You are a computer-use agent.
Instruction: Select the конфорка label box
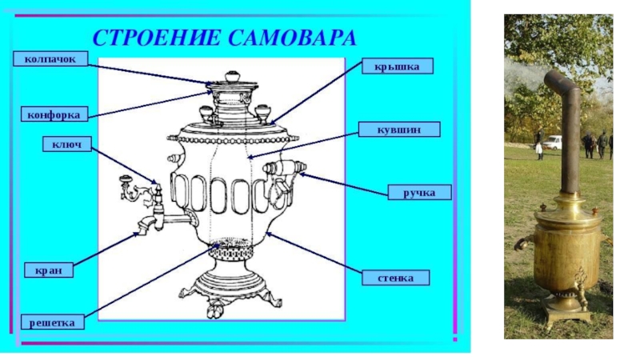pos(50,114)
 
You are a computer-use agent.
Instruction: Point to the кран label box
pos(49,270)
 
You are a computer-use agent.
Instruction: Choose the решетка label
pos(52,322)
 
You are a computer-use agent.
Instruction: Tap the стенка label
pos(398,278)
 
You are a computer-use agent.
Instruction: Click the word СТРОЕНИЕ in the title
pos(154,37)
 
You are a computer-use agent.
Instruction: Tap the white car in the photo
pos(552,142)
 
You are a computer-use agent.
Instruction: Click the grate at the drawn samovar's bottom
pos(232,242)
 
